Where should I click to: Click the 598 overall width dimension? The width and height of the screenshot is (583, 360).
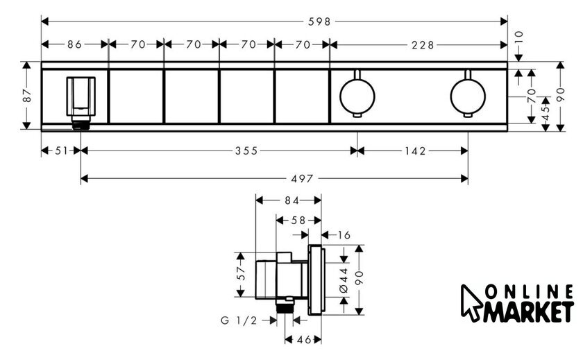coord(319,22)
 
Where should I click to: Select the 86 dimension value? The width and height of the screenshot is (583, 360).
coord(74,44)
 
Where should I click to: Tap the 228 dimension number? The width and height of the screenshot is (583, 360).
coord(423,45)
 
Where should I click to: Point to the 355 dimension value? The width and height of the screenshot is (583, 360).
coord(246,151)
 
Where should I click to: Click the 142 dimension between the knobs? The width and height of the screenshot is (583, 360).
coord(415,151)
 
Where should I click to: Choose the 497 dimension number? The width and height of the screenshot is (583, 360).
coord(302,179)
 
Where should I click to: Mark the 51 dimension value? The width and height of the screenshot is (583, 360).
coord(61,151)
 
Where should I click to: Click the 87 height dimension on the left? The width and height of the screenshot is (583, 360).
coord(28,96)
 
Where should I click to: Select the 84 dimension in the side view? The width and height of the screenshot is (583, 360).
coord(292,200)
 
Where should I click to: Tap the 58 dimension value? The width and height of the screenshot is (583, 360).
coord(298,221)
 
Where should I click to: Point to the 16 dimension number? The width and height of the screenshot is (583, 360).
coord(344,235)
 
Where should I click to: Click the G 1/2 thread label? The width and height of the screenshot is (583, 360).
coord(239,320)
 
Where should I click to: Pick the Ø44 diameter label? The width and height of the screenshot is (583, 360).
coord(344,280)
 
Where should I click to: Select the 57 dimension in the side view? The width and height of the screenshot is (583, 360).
coord(242,273)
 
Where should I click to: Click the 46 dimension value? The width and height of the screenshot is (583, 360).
coord(304,340)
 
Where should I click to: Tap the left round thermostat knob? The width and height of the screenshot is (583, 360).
coord(357,96)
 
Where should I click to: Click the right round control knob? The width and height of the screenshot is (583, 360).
coord(468,96)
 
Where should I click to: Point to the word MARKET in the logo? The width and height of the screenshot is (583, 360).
coord(529,312)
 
